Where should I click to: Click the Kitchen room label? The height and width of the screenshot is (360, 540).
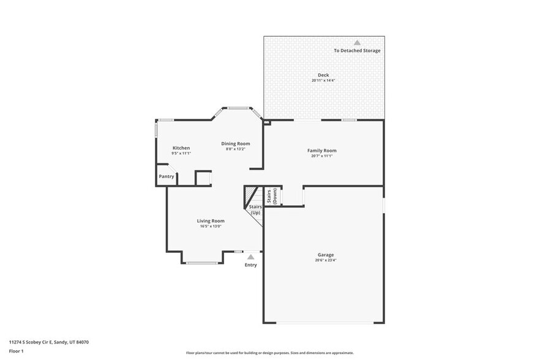click(x=181, y=148)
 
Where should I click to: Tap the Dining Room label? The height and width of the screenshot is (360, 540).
click(x=235, y=143)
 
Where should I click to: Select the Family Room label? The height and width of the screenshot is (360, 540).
click(x=321, y=150)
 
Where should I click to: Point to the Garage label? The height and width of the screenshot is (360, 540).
click(x=325, y=255)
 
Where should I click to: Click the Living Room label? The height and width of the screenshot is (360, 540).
click(x=210, y=220)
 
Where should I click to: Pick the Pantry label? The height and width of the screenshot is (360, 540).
click(x=167, y=176)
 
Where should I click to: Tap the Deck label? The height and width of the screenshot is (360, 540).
click(x=323, y=75)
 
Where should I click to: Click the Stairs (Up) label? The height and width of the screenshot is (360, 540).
click(x=255, y=209)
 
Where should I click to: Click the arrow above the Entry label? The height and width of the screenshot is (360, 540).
click(x=250, y=257)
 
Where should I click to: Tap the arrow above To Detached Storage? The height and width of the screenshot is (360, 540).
click(x=357, y=42)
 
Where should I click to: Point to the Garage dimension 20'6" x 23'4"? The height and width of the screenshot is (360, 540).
click(x=325, y=260)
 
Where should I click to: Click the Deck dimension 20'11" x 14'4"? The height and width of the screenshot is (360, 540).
click(x=323, y=80)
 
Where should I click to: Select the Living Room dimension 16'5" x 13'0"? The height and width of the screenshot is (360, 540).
click(x=210, y=226)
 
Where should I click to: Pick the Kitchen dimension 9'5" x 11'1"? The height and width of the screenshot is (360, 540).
click(x=181, y=153)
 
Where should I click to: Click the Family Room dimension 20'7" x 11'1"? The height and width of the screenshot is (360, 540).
click(x=321, y=156)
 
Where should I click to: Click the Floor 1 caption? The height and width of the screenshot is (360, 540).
click(x=16, y=351)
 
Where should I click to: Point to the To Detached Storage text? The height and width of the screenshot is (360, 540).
click(x=357, y=50)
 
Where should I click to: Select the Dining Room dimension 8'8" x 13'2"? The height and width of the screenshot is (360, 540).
click(x=235, y=149)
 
